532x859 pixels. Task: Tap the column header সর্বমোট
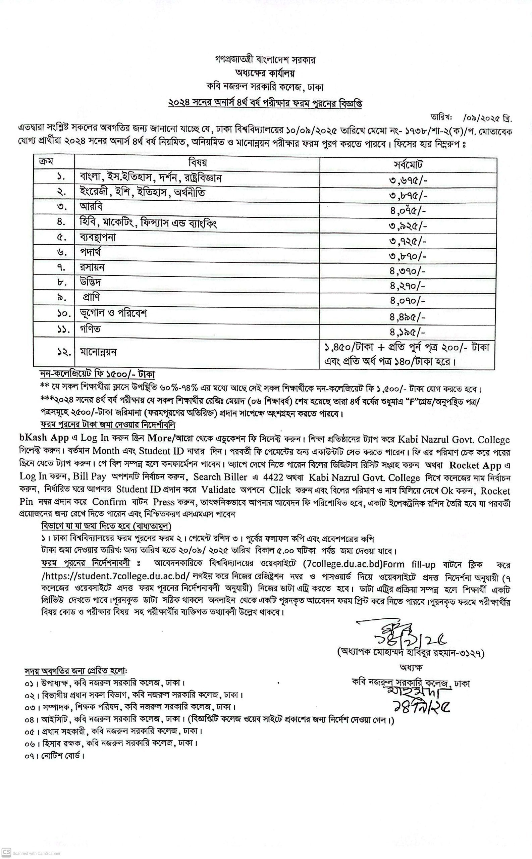click(x=408, y=164)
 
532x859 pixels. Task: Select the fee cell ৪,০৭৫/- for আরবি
click(x=408, y=211)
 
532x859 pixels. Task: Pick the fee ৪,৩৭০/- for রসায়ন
click(x=408, y=271)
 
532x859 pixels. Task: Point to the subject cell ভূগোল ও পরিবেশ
click(x=113, y=313)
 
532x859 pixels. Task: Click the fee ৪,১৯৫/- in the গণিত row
click(x=408, y=332)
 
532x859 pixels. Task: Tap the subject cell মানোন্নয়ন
click(x=98, y=352)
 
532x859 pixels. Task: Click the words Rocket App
click(x=475, y=465)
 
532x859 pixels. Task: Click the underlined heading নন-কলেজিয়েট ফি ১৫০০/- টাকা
click(x=97, y=374)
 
